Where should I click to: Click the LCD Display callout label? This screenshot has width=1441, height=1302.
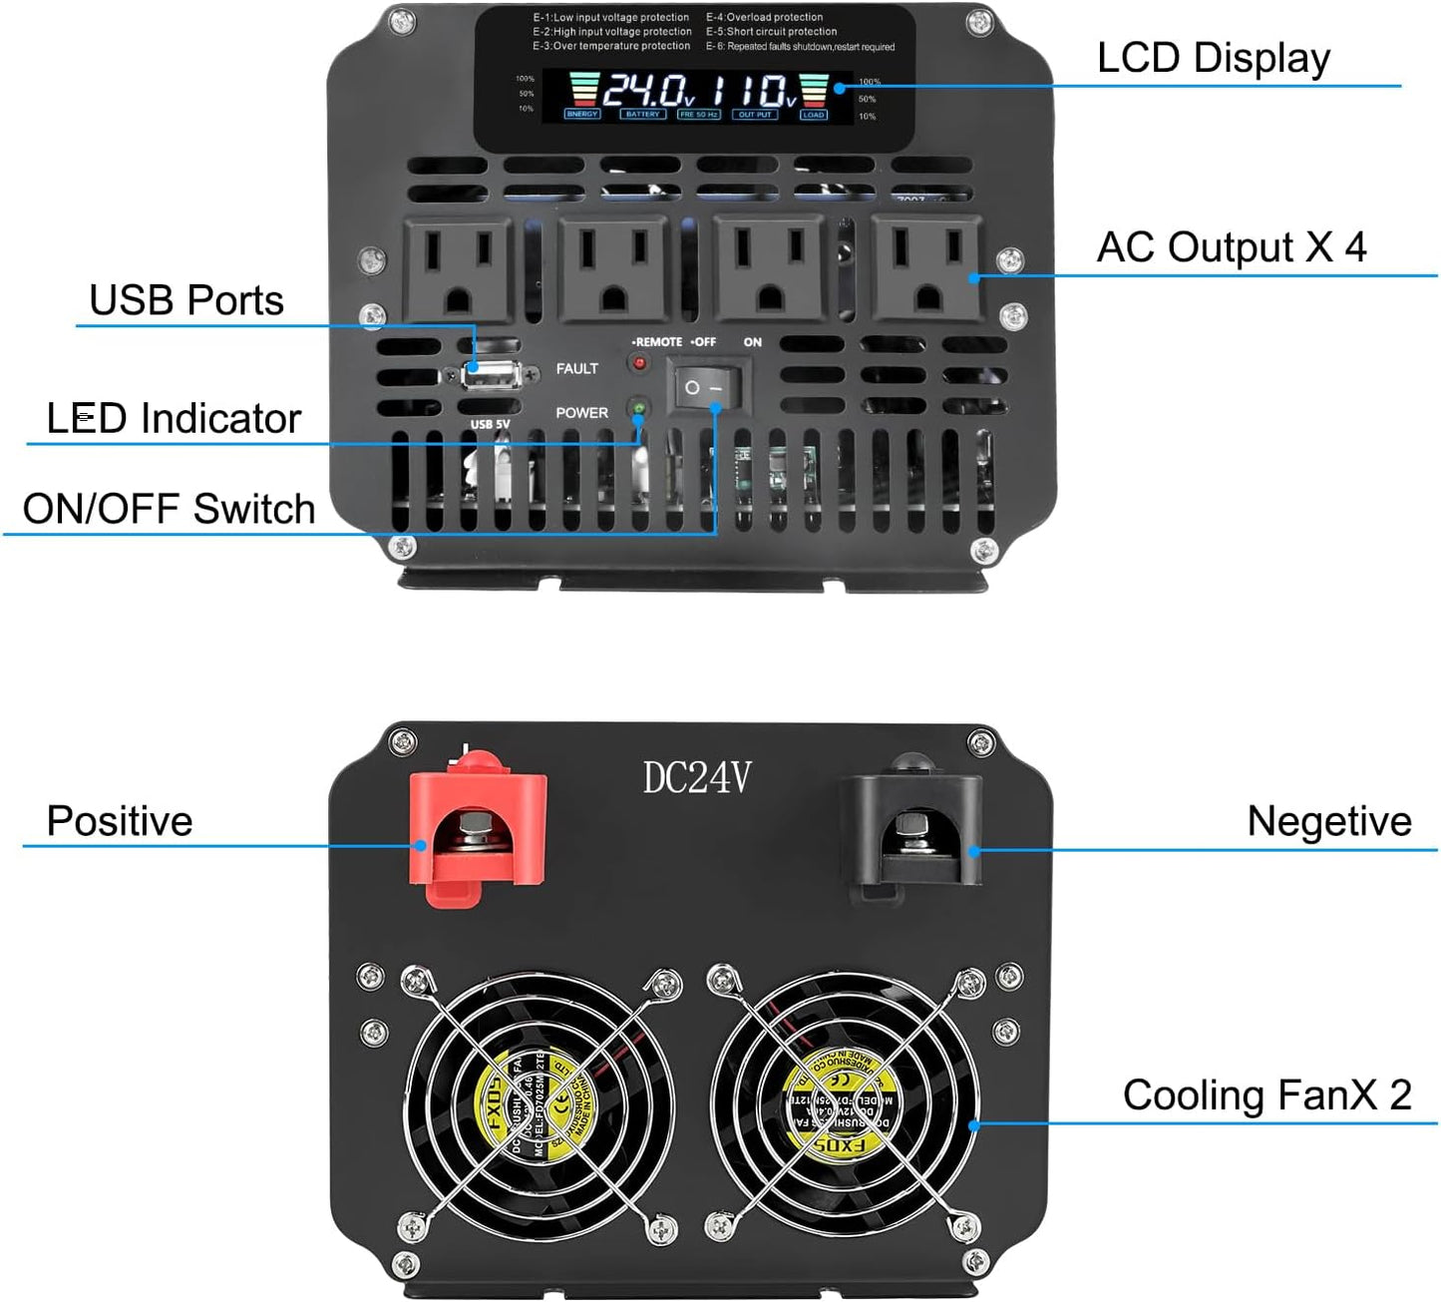tap(1213, 58)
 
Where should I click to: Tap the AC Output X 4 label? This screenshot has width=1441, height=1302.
tap(1231, 247)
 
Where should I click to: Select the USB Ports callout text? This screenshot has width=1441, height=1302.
tap(186, 300)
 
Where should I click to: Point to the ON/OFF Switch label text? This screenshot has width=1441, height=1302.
tap(169, 509)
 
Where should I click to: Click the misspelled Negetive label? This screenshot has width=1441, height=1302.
tap(1328, 821)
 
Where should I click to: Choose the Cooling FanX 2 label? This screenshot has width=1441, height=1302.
tap(1266, 1094)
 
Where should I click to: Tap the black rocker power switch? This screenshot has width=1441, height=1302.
tap(705, 386)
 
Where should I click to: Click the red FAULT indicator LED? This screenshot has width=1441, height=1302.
tap(639, 363)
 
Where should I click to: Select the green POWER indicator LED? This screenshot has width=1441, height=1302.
tap(638, 409)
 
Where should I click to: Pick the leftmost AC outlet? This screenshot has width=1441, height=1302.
tap(457, 268)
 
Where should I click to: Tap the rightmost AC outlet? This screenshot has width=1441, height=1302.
tap(926, 268)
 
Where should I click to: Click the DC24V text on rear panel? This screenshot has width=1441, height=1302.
tap(696, 778)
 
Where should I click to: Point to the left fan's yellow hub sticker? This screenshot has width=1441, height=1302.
tap(541, 1106)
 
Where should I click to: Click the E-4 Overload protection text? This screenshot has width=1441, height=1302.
tap(765, 17)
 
